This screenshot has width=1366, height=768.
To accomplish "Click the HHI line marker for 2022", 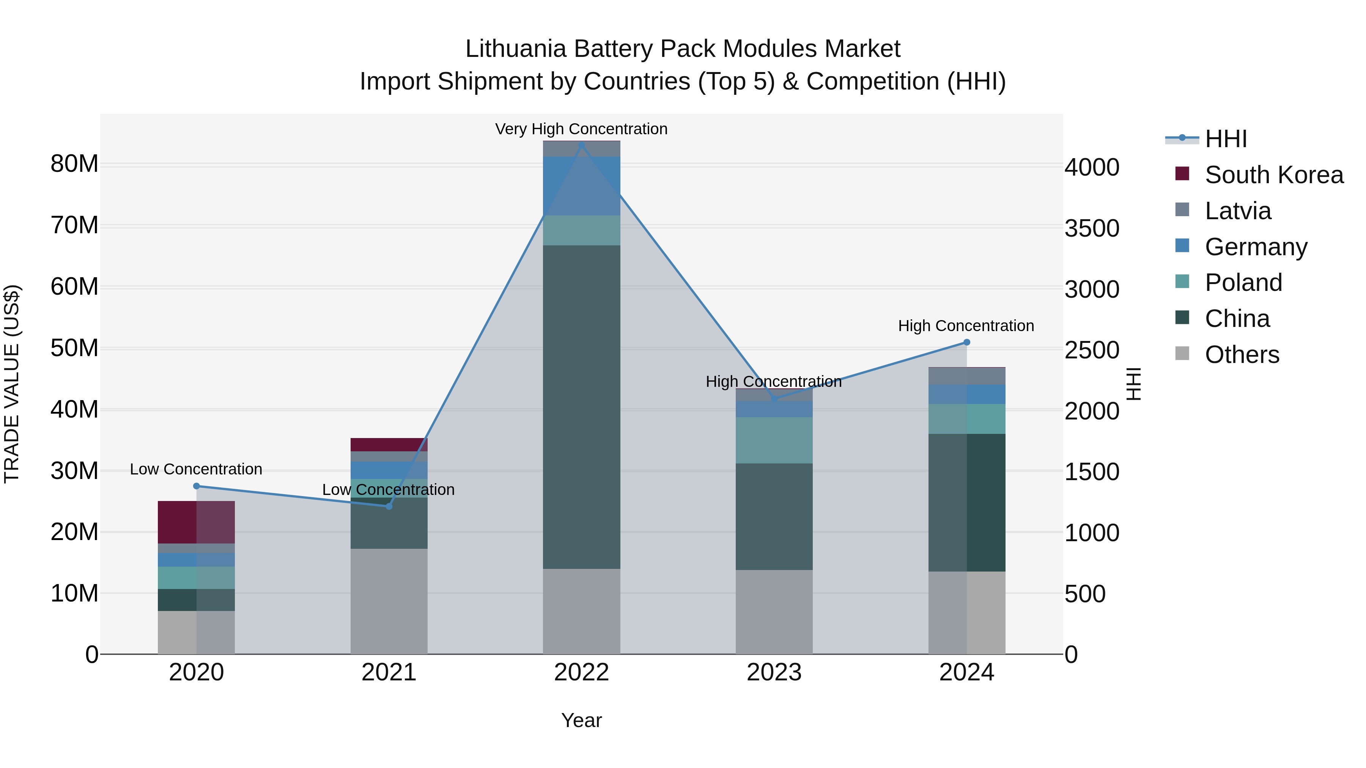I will [x=581, y=145].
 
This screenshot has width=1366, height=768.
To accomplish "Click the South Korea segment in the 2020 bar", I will [x=196, y=522].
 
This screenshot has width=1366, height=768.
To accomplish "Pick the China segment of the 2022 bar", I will [x=581, y=407].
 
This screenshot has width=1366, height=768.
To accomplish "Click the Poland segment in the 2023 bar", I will [x=774, y=440].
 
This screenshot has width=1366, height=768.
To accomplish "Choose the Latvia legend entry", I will [x=1238, y=211].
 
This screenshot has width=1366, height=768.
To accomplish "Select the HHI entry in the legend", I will [x=1226, y=139].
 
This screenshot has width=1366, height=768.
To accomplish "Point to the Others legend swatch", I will [x=1182, y=353].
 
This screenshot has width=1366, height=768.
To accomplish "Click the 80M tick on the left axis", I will [x=74, y=164].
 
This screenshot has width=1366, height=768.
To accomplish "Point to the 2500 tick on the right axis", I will [x=1092, y=350].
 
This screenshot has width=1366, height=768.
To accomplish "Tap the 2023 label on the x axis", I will [x=774, y=672].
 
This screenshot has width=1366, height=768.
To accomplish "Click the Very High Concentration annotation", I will [x=581, y=129].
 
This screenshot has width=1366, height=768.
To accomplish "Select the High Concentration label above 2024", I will [x=966, y=325].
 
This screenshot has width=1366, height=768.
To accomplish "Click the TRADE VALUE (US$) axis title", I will [x=12, y=384].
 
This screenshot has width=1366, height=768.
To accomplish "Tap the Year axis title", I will [x=581, y=720].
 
